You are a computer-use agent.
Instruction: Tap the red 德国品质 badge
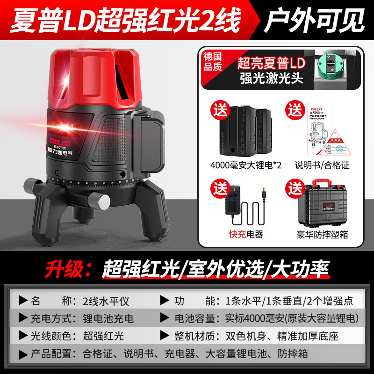[213, 61]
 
